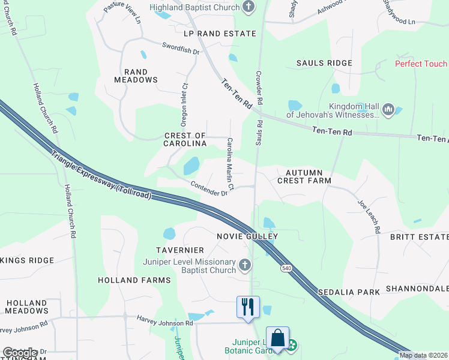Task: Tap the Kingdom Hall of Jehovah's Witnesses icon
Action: (x=388, y=109)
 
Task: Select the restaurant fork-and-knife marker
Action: (x=248, y=307)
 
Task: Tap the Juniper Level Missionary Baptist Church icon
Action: (x=244, y=265)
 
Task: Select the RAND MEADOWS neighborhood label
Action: (x=136, y=75)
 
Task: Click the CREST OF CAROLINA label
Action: (x=185, y=140)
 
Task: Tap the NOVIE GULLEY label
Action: (x=248, y=236)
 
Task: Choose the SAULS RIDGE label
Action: (x=324, y=63)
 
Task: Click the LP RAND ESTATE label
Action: (x=220, y=34)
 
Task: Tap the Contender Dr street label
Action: (x=208, y=189)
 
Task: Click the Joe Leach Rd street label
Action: (x=369, y=217)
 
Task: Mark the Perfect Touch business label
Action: (x=421, y=64)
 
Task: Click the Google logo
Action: (x=19, y=353)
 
